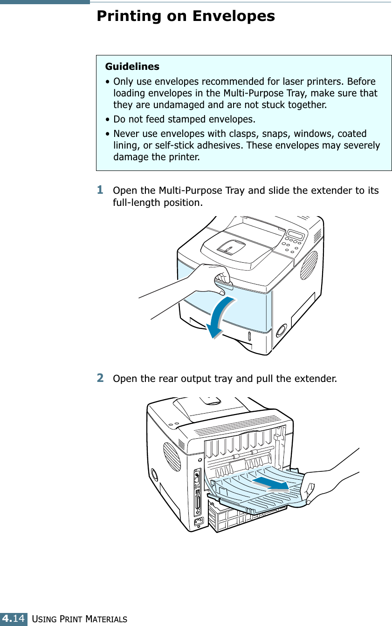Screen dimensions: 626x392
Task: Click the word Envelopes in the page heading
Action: (x=234, y=16)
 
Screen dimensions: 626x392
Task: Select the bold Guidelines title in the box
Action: (x=132, y=67)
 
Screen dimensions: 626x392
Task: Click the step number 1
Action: (x=100, y=190)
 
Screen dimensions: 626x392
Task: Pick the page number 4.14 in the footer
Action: (x=13, y=619)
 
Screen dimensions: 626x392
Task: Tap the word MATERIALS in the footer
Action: (x=105, y=619)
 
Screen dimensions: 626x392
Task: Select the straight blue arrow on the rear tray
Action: (x=270, y=483)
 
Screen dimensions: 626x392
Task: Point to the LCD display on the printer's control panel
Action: (x=295, y=234)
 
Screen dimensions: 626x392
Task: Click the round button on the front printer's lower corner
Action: (x=281, y=330)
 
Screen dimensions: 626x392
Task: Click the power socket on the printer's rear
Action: (x=199, y=522)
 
